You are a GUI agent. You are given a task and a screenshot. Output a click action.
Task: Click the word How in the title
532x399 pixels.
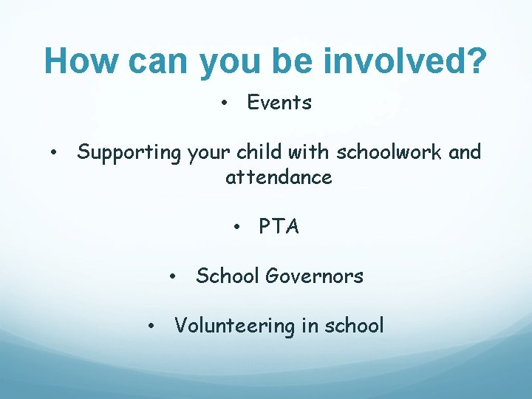[x=79, y=61]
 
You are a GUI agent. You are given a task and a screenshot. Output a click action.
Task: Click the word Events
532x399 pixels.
[x=279, y=103]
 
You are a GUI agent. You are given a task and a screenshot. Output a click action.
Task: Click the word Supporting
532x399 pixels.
[x=129, y=153]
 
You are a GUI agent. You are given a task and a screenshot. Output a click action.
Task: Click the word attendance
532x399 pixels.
[x=279, y=177]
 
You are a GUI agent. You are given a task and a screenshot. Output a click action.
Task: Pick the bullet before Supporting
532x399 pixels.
[x=55, y=153]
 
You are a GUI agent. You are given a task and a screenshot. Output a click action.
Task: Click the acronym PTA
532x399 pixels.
[x=279, y=227]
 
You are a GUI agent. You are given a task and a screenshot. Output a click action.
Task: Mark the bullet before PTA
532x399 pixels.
[x=236, y=227]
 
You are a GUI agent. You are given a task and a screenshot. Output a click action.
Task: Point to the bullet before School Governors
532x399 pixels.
[x=171, y=276]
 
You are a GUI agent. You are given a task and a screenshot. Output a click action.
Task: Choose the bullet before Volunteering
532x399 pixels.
[x=150, y=326]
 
